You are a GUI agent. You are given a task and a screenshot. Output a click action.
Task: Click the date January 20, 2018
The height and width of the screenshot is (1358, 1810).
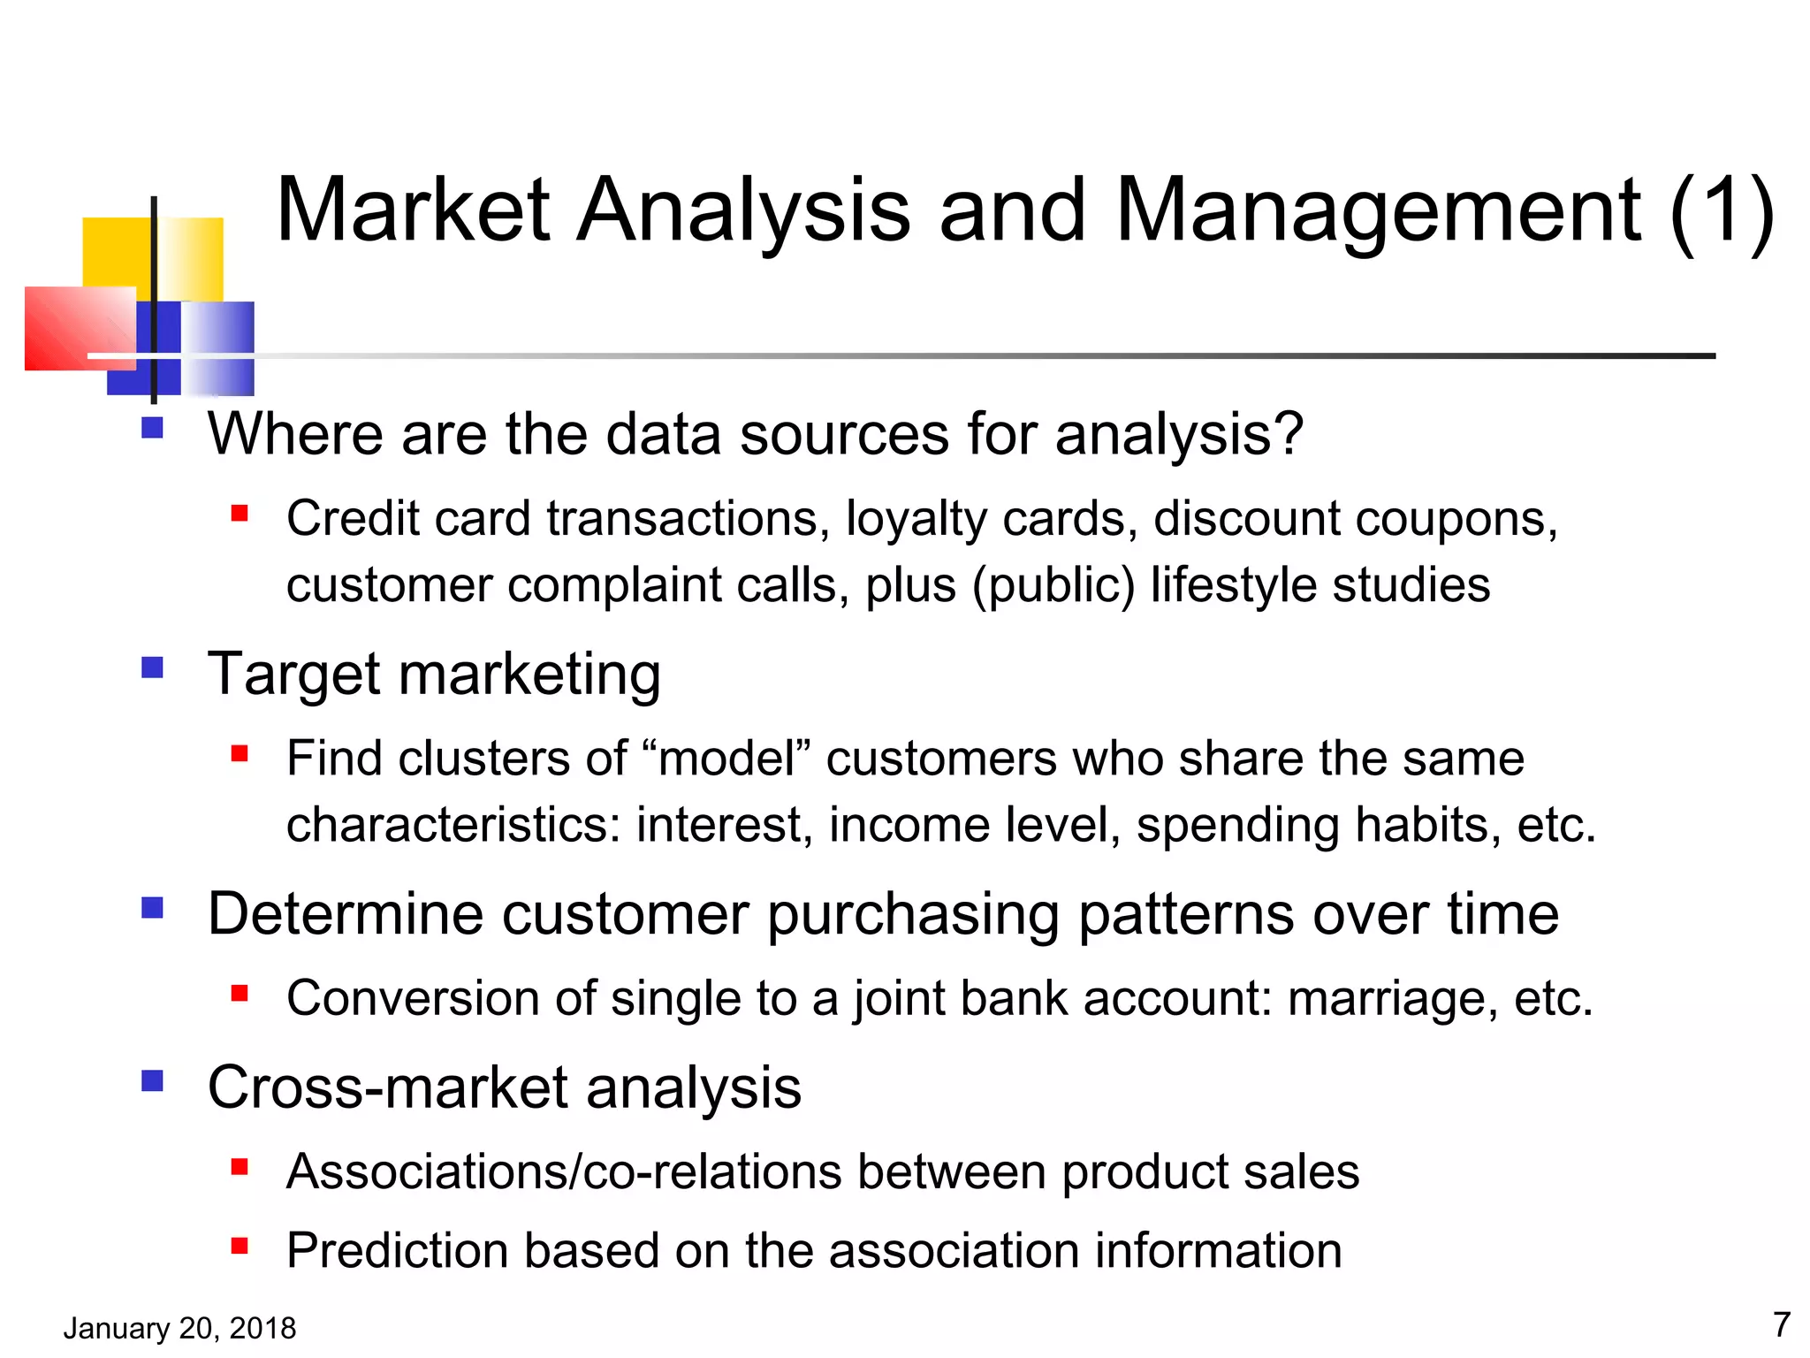[x=179, y=1328]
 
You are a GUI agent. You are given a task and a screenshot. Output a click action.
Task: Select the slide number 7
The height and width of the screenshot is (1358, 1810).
[x=1782, y=1324]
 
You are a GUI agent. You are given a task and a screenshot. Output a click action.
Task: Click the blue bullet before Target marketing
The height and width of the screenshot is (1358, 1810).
[x=152, y=667]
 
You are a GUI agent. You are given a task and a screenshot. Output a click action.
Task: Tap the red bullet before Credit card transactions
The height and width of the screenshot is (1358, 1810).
[x=240, y=513]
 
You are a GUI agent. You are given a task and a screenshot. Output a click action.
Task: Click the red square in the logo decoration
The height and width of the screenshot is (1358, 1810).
[x=80, y=328]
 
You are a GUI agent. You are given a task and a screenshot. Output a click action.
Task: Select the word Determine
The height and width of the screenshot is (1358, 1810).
[x=345, y=914]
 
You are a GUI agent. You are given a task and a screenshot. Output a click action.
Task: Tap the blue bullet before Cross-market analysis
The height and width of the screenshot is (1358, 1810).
[x=152, y=1081]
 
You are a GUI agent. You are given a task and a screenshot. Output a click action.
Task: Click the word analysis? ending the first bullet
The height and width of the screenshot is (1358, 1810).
[x=1179, y=435]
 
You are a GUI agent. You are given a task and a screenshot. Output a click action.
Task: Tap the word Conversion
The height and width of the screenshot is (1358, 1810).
[x=413, y=999]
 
